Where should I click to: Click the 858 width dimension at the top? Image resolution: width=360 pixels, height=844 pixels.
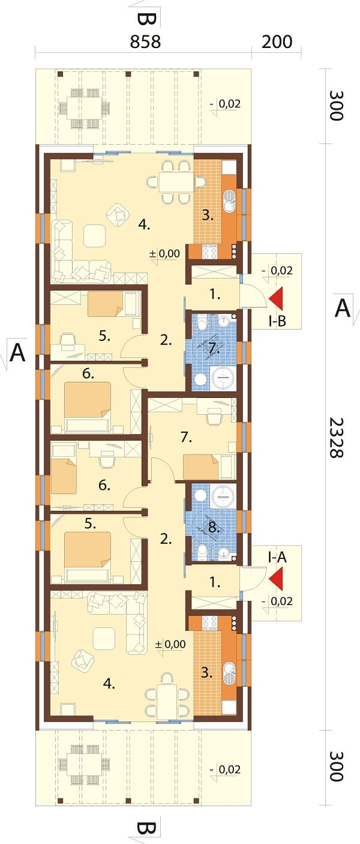145,42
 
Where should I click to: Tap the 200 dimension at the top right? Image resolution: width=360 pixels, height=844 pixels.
277,42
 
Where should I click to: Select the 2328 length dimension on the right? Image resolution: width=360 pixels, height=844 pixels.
336,438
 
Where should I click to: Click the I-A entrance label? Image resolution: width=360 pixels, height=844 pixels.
277,557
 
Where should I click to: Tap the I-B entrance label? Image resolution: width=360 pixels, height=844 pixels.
277,321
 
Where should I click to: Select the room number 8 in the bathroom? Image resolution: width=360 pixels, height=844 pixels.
214,527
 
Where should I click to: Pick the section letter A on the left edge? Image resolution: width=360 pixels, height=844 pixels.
17,353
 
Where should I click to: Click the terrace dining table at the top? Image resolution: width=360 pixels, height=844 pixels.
85,109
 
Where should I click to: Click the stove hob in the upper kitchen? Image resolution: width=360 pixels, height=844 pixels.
210,252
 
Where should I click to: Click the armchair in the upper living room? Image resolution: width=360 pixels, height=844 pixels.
118,215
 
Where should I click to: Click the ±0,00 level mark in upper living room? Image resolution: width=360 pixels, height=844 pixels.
165,253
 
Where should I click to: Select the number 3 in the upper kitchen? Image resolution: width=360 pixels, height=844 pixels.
208,216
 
